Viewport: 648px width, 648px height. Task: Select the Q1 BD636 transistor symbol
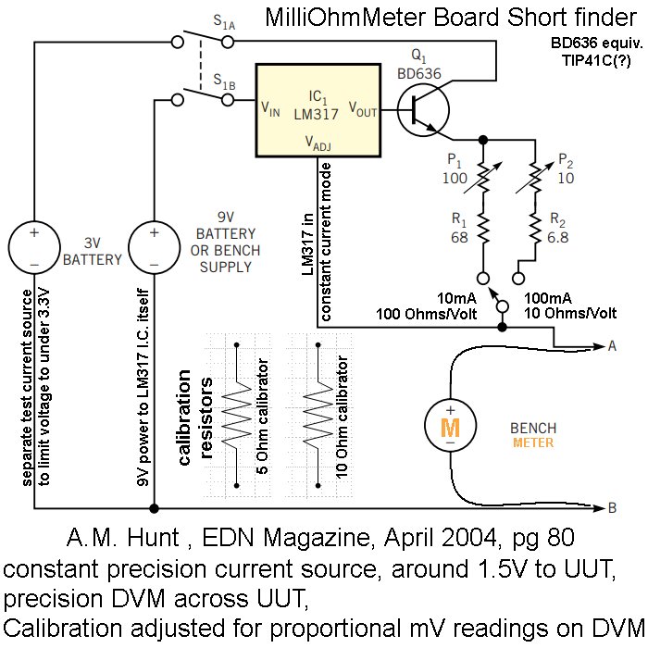(x=423, y=108)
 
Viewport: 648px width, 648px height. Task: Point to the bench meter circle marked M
(x=449, y=427)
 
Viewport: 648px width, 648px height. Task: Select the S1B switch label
(x=224, y=82)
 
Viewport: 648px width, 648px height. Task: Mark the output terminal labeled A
(x=612, y=346)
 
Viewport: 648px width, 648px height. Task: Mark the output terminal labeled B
(x=612, y=507)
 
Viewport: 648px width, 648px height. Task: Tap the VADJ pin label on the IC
(x=319, y=143)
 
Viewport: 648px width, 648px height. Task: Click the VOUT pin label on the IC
(x=363, y=109)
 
